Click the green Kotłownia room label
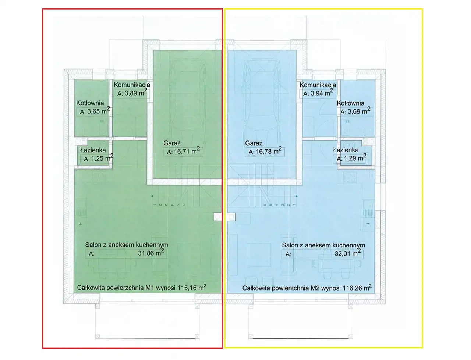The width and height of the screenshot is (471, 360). tap(90, 103)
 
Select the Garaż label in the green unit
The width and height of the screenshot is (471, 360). tap(172, 143)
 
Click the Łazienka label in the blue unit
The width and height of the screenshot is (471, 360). tap(346, 150)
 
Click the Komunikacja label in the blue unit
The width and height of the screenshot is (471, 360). tap(318, 85)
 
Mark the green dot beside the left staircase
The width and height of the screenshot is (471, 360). tap(152, 196)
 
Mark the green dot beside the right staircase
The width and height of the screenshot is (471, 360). tap(297, 196)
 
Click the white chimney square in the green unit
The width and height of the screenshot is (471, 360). tap(217, 217)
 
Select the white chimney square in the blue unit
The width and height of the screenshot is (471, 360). tap(231, 217)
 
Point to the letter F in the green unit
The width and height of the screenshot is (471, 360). tap(81, 224)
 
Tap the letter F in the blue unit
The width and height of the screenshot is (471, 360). tap(368, 224)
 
